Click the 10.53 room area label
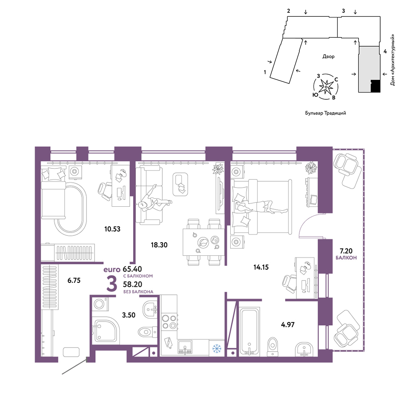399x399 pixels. pos(112,229)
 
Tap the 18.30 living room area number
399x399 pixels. pos(159,245)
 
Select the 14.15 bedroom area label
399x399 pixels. pos(261,267)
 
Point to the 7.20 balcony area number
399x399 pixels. pos(346,251)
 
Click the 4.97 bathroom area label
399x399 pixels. pos(288,325)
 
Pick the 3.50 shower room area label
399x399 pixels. pos(128,315)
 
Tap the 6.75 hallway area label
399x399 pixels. pos(74,280)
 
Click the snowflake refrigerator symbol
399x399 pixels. pos(217,348)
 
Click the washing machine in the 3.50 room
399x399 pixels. pos(100,304)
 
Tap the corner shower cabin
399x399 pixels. pos(105,330)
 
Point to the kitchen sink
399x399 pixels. pos(185,347)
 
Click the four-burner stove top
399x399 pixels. pos(169,322)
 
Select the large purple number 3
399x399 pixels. pos(112,284)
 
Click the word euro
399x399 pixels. pos(112,270)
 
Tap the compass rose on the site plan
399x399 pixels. pos(326,87)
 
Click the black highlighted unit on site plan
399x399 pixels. pos(375,86)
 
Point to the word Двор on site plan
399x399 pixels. pos(328,57)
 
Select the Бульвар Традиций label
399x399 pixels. pos(326,113)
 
